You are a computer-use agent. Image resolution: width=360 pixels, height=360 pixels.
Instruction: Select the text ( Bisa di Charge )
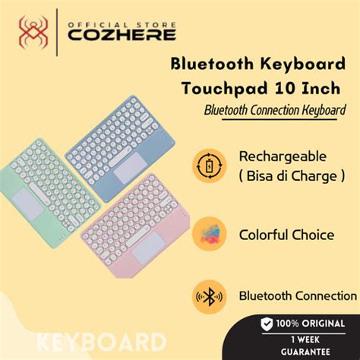click(282, 175)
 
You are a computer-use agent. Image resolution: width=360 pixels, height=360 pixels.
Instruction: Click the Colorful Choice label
click(287, 235)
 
